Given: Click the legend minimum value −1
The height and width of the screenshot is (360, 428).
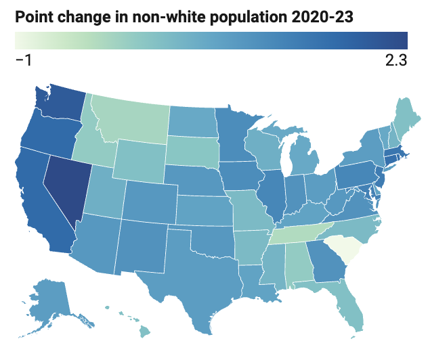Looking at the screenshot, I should (24, 60).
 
